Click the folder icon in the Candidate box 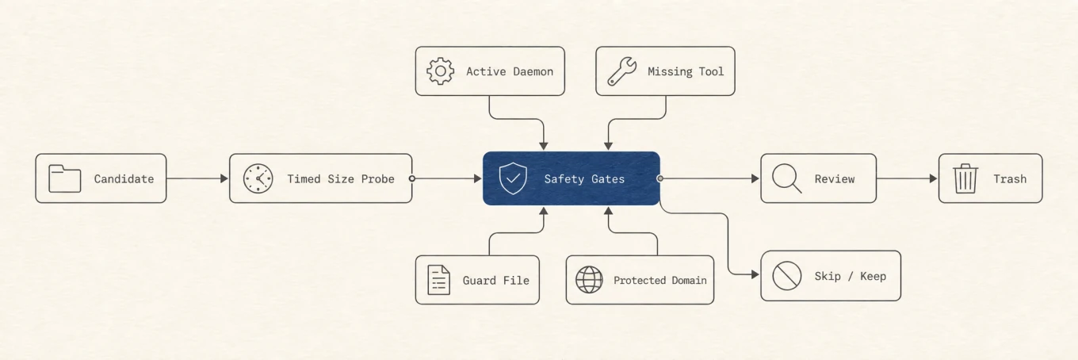65,178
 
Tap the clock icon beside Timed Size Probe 258,178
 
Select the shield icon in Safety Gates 513,178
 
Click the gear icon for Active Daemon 440,71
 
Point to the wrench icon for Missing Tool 621,71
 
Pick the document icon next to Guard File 439,280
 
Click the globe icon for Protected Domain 589,280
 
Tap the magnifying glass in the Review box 787,178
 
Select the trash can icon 965,178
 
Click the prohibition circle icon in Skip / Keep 787,276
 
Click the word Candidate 124,179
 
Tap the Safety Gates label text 584,179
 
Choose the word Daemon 533,71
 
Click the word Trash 1010,179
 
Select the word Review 835,179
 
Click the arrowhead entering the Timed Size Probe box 224,178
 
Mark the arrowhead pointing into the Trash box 934,178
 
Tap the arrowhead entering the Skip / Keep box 755,274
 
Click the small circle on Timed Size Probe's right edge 412,178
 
